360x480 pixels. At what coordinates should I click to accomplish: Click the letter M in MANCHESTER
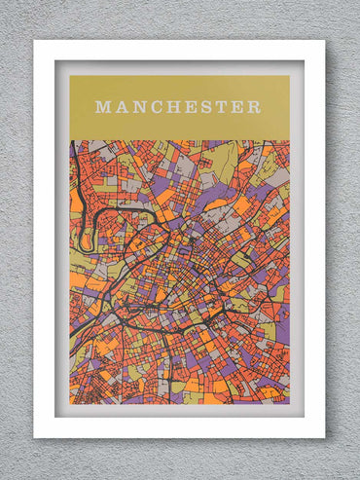pyautogui.click(x=103, y=107)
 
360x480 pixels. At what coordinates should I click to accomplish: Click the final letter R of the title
pyautogui.click(x=254, y=107)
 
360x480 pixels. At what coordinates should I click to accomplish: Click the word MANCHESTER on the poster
pyautogui.click(x=178, y=107)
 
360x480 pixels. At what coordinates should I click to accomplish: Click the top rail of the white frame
pyautogui.click(x=179, y=50)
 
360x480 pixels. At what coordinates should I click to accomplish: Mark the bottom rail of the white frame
pyautogui.click(x=179, y=427)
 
